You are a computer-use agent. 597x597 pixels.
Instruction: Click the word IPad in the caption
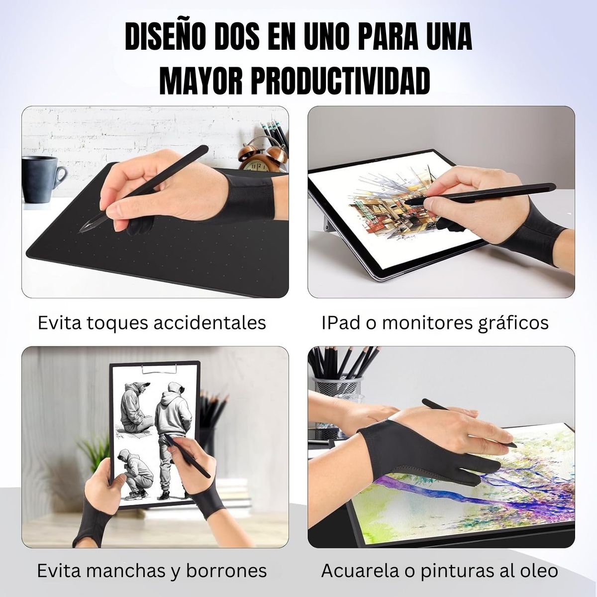tap(341, 323)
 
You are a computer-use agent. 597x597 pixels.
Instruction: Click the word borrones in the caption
tap(227, 571)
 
